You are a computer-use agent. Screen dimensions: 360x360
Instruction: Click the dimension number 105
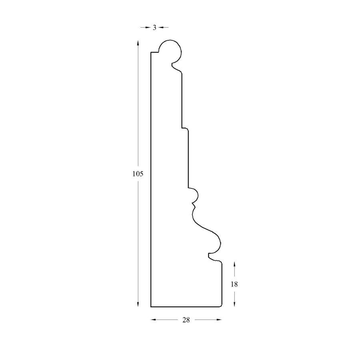point(138,174)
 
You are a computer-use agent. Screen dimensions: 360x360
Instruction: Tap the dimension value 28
point(186,320)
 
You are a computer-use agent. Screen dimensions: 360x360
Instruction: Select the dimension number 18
point(234,284)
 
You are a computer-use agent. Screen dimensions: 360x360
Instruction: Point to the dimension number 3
point(154,28)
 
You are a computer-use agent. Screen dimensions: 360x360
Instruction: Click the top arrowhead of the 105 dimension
point(138,43)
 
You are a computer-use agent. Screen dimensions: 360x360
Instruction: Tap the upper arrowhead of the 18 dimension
point(234,264)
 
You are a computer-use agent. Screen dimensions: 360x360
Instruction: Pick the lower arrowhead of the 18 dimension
point(234,304)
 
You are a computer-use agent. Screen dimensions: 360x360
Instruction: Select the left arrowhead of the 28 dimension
point(153,319)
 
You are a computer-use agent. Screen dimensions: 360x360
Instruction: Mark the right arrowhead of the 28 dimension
point(219,319)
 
